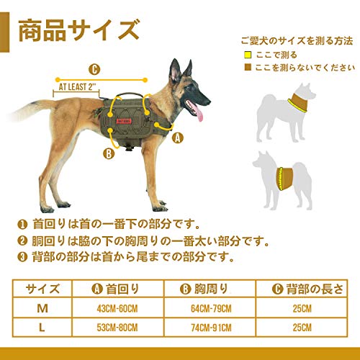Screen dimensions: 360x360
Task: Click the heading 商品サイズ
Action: click(77, 30)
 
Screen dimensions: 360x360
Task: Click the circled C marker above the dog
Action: click(94, 70)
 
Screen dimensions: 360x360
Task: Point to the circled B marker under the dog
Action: click(108, 153)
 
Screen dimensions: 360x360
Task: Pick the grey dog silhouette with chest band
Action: click(284, 176)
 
